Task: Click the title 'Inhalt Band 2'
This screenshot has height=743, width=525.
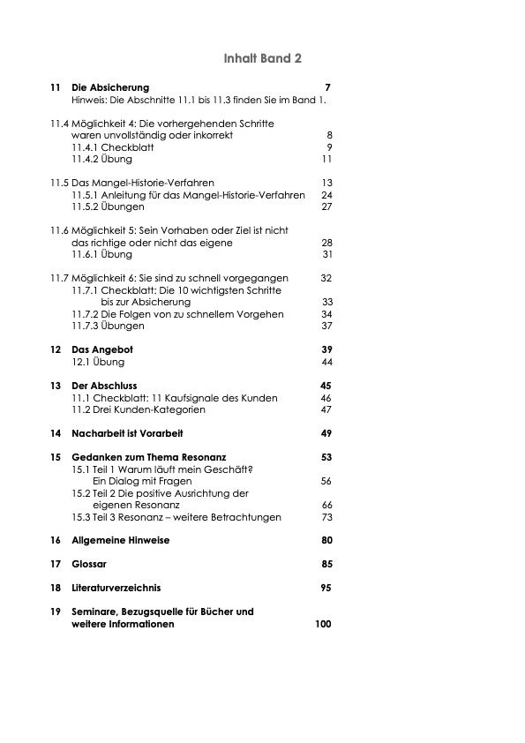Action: click(x=263, y=58)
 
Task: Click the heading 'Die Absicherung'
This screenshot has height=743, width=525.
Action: click(x=110, y=87)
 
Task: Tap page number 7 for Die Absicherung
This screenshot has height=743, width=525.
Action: click(x=327, y=87)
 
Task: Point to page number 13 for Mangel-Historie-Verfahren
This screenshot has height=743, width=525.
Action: click(x=326, y=183)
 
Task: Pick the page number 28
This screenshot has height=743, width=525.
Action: click(x=326, y=242)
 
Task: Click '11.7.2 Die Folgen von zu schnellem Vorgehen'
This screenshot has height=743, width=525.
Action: click(x=177, y=314)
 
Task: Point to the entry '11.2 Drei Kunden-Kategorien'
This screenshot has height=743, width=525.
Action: click(x=139, y=409)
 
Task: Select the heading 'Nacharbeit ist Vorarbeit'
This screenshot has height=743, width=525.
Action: click(x=127, y=433)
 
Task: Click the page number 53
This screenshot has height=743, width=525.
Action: click(x=326, y=457)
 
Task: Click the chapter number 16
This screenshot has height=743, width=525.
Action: click(x=56, y=540)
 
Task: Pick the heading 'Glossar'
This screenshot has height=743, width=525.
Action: click(x=88, y=564)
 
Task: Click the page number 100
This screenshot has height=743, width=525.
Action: click(x=323, y=624)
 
